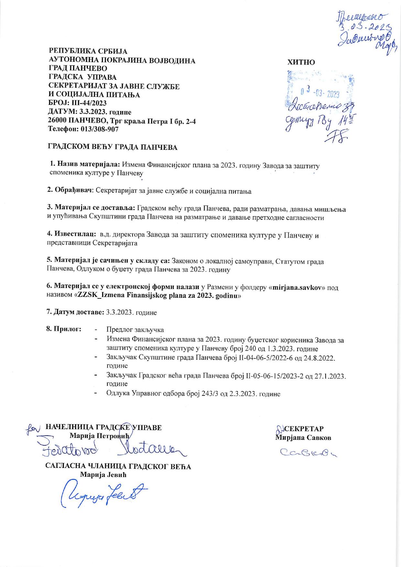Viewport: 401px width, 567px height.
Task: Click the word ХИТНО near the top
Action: coord(301,62)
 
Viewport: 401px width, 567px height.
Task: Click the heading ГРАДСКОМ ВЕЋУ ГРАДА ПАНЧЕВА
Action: coord(113,148)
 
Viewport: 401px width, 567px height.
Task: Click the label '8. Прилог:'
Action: coord(64,329)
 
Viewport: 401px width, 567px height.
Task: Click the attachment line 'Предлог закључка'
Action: coord(135,330)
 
